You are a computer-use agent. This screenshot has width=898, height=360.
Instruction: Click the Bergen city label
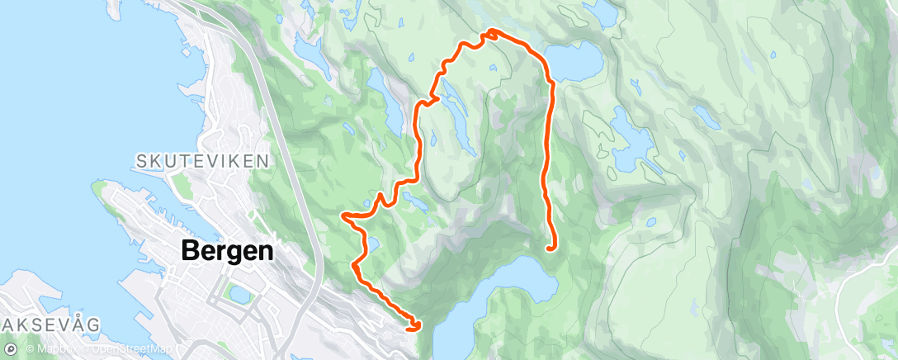point(227,251)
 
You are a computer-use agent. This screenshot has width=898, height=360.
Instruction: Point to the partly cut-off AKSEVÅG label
point(50,324)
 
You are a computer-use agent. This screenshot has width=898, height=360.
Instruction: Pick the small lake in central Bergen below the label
point(240,292)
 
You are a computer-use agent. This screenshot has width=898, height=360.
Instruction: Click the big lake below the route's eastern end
point(512,285)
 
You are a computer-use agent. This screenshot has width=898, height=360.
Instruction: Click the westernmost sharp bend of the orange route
point(343,216)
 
